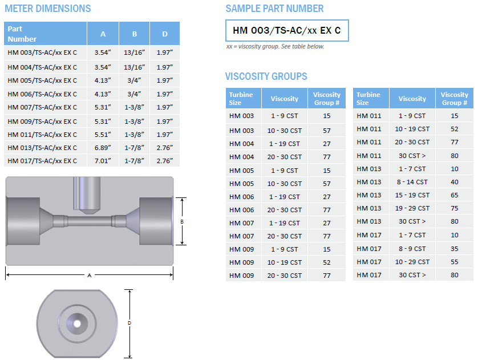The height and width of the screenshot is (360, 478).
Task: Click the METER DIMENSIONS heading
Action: point(48,9)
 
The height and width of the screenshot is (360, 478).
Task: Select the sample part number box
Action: point(287,30)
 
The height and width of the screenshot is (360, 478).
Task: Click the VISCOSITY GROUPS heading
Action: point(266,76)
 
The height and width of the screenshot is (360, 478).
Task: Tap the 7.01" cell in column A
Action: point(103,161)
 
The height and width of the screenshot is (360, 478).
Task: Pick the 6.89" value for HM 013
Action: point(103,148)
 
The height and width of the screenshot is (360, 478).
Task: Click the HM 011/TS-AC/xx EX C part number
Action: point(42,135)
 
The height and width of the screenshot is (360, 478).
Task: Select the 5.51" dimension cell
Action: point(103,135)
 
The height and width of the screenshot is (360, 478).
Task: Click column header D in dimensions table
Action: point(165,34)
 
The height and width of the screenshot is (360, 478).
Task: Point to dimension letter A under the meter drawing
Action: point(90,276)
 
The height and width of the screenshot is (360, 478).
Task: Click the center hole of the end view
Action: point(76,323)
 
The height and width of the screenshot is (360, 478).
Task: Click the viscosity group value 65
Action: point(454,195)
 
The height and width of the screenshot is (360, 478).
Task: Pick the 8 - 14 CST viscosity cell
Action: point(412,182)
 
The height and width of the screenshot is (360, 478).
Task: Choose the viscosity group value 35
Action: point(454,248)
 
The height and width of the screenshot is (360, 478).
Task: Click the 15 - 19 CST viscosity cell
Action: point(412,195)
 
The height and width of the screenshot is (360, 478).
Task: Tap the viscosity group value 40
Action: point(454,182)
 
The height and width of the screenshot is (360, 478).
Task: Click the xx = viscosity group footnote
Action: point(275,47)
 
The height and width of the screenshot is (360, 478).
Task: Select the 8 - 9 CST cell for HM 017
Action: point(412,248)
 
